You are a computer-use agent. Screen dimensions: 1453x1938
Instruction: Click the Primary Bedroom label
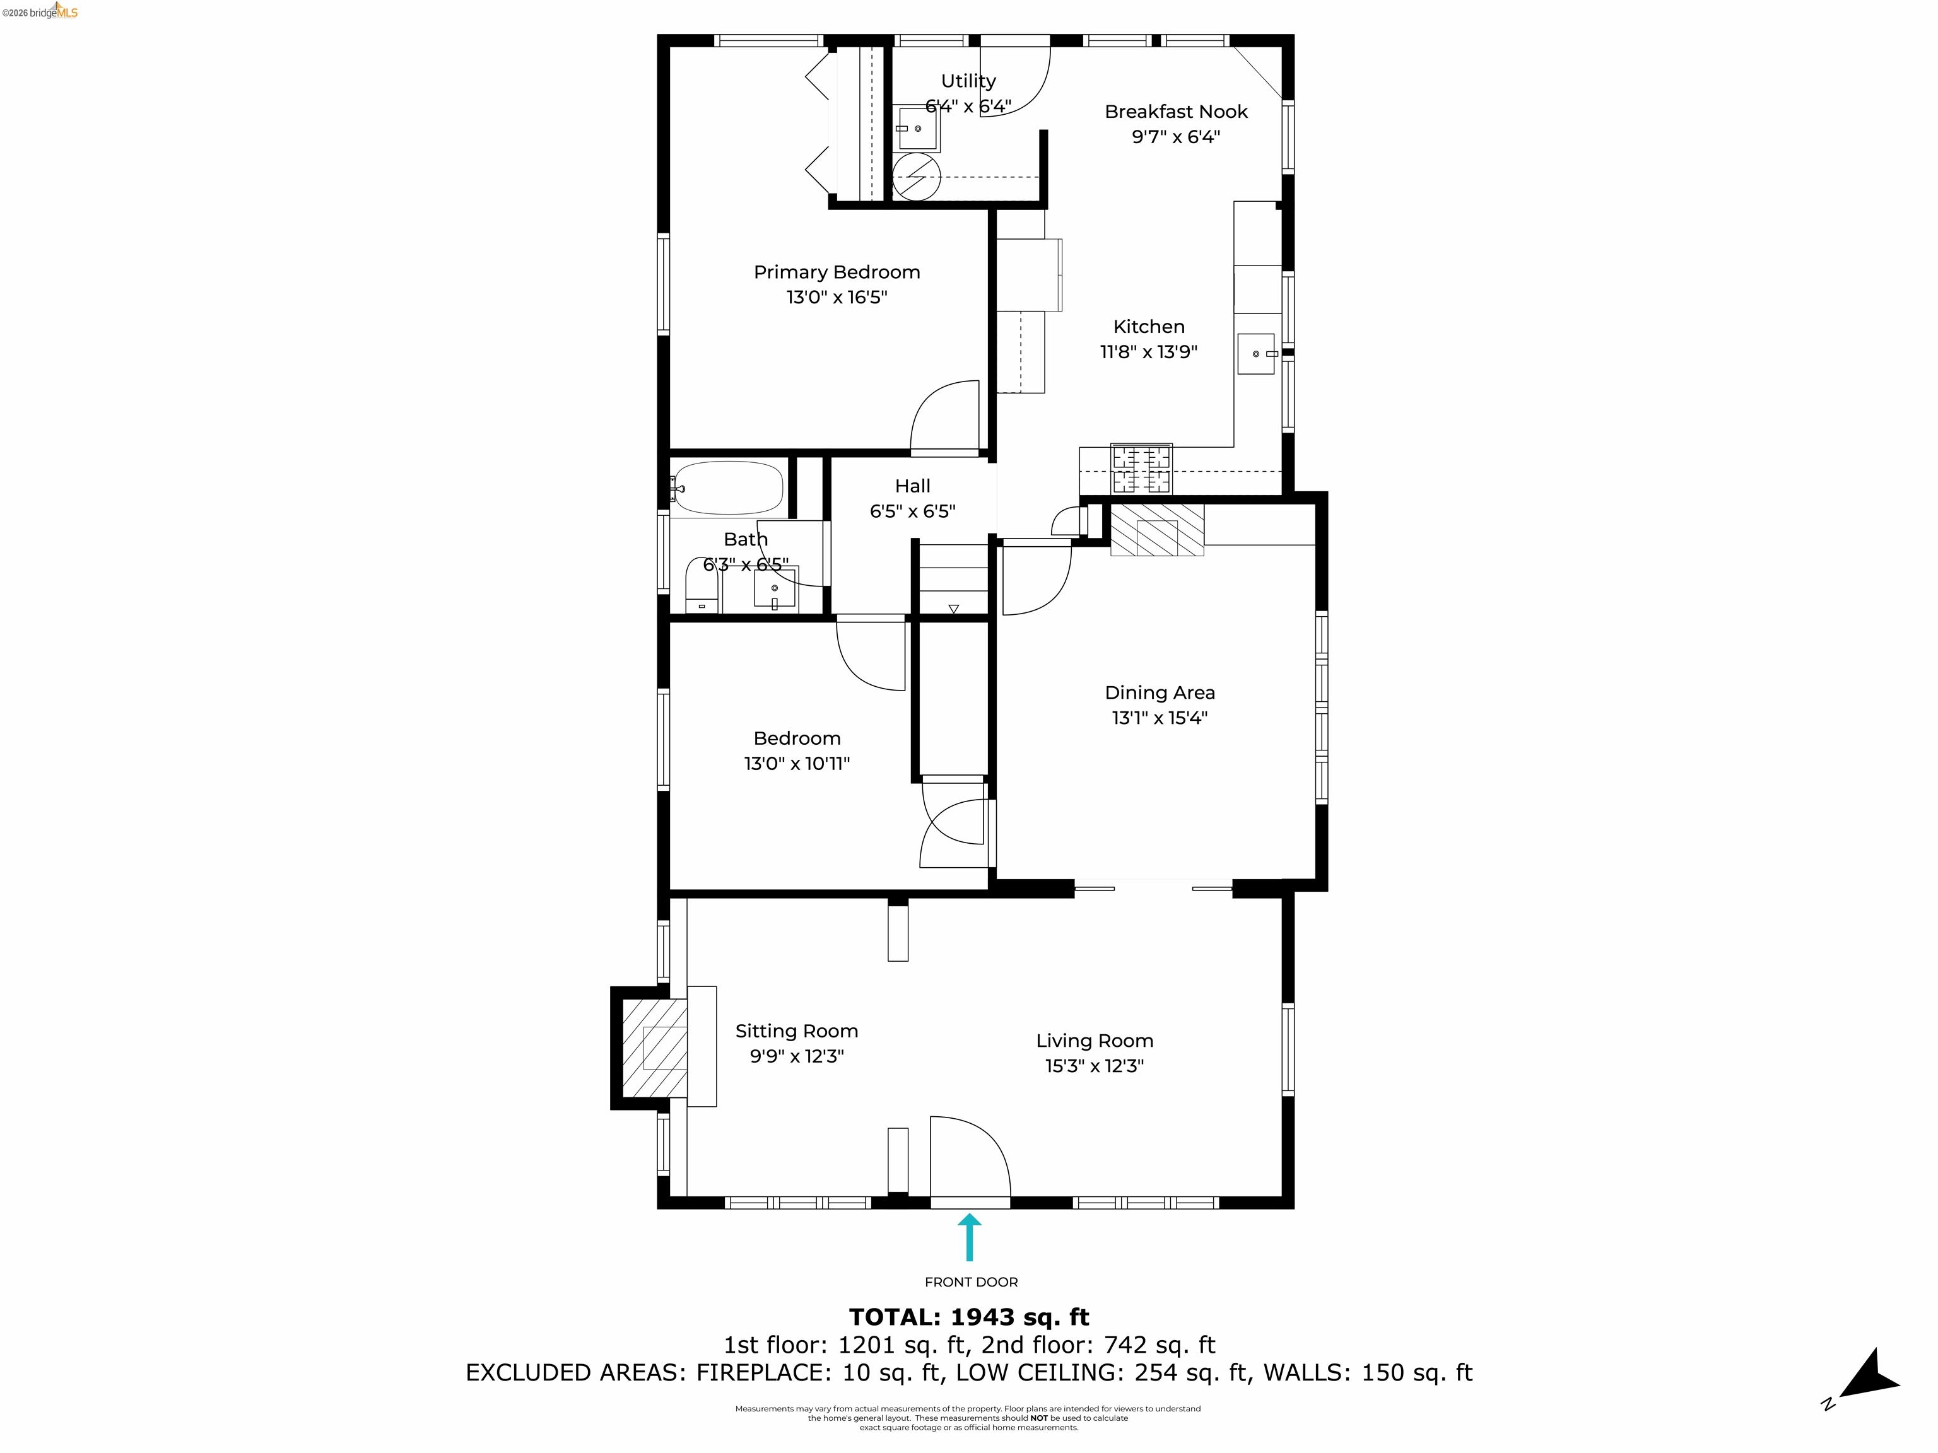click(x=837, y=272)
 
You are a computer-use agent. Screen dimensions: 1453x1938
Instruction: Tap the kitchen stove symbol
click(x=1141, y=469)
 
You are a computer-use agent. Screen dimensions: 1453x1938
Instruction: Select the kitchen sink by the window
click(x=1255, y=354)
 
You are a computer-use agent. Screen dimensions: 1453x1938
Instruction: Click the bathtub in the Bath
click(x=727, y=488)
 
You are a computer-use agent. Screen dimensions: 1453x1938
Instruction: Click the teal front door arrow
click(x=969, y=1236)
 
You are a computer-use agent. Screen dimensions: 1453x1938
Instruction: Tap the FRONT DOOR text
click(x=971, y=1282)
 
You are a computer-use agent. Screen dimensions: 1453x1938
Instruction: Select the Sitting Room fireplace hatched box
click(x=654, y=1047)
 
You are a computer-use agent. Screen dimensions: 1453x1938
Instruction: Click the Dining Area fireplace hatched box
click(x=1156, y=529)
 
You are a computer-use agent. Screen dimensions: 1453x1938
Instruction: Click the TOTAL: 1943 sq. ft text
click(x=969, y=1317)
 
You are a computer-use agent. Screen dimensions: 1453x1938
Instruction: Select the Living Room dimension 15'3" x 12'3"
click(x=1095, y=1066)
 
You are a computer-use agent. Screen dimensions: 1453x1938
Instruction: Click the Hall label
click(x=912, y=486)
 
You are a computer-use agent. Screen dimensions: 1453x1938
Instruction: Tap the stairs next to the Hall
click(x=953, y=578)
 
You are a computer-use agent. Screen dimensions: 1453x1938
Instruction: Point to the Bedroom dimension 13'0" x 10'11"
click(x=796, y=764)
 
